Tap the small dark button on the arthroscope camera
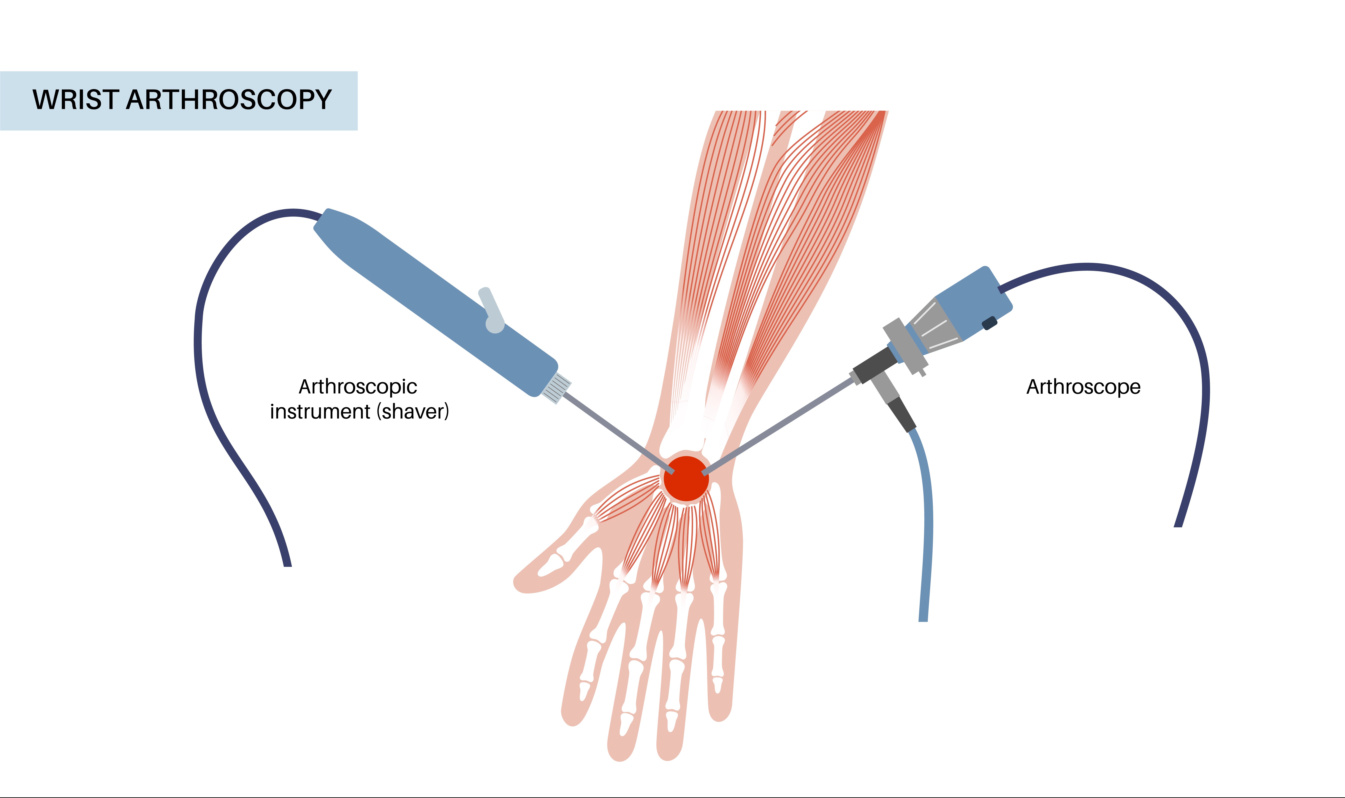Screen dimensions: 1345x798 click(989, 323)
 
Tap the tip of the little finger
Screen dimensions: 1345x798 click(720, 715)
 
